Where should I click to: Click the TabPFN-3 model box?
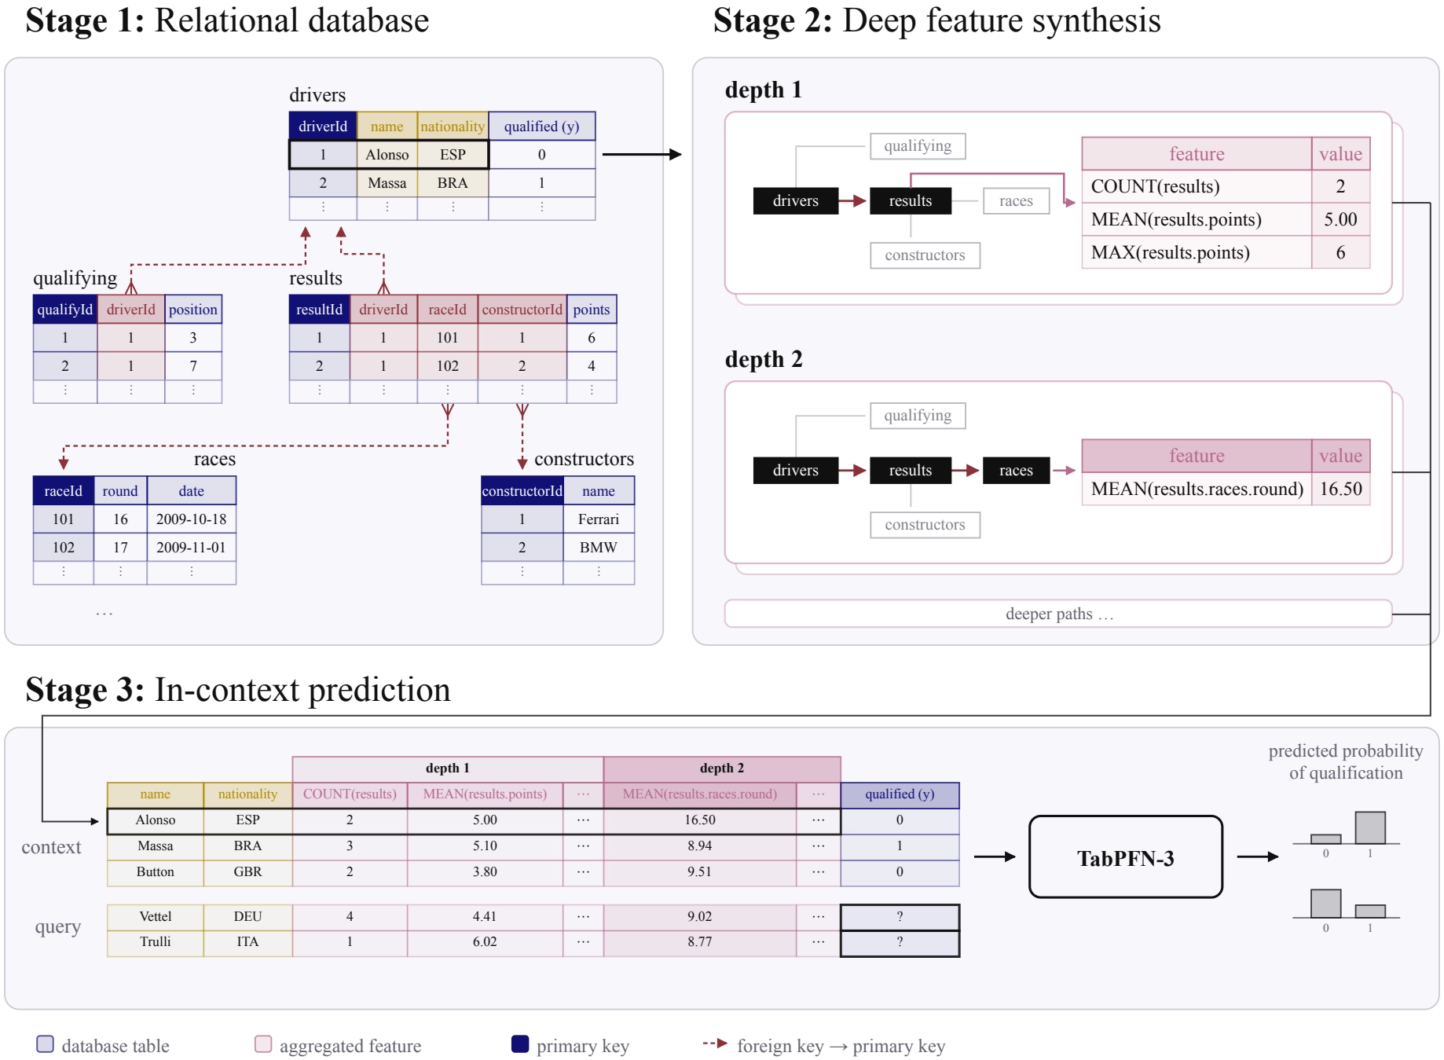1125,856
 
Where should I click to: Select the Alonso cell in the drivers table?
387,155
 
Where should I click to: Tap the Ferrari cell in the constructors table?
599,519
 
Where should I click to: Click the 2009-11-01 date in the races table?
191,548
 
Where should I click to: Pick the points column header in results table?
592,310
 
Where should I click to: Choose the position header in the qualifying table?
193,310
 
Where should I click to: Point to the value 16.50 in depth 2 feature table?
1341,489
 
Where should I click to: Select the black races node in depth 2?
1016,471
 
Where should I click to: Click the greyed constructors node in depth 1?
925,255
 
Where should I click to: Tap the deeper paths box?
1058,614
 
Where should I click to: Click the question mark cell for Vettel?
900,917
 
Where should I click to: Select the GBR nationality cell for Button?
247,872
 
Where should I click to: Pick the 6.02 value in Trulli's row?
485,942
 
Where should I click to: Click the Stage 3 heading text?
238,690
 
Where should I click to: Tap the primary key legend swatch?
520,1043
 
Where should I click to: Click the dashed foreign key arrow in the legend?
715,1043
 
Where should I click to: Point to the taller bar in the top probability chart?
1370,827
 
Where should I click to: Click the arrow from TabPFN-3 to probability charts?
1258,856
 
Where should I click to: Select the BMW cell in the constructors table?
599,548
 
